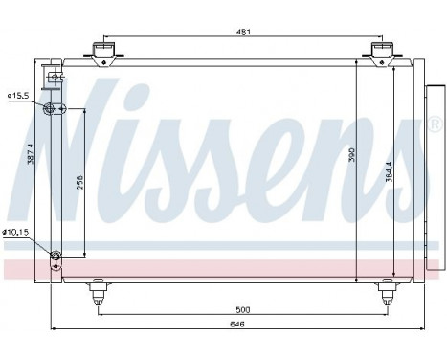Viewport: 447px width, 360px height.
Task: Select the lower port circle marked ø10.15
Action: (x=55, y=255)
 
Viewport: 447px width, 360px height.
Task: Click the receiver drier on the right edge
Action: (x=433, y=163)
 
